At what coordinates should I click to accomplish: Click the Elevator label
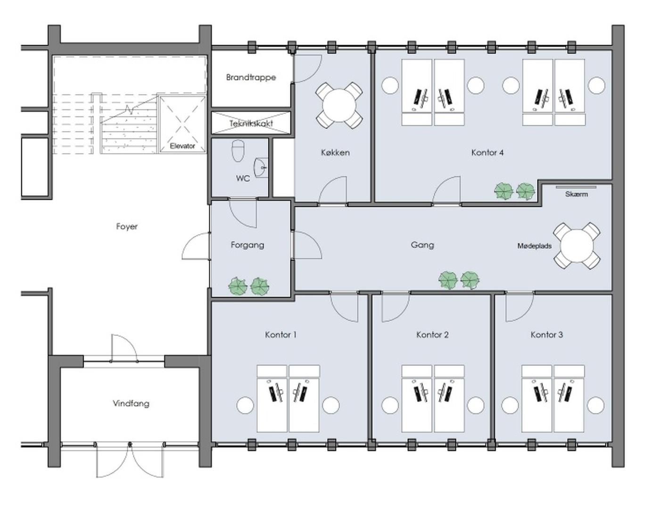(182, 146)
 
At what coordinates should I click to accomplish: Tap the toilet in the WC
(238, 151)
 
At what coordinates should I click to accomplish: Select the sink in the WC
(261, 167)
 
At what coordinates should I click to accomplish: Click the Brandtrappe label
(251, 77)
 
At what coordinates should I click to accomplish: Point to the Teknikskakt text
(251, 123)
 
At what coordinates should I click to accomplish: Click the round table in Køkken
(338, 105)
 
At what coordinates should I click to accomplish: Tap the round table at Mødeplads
(577, 246)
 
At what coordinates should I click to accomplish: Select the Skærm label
(576, 194)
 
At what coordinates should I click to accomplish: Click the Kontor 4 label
(487, 152)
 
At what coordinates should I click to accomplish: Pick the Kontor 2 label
(432, 335)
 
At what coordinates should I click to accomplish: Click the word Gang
(422, 244)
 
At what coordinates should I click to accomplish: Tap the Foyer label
(127, 227)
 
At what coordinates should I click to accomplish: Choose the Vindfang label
(131, 403)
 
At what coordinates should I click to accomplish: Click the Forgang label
(247, 244)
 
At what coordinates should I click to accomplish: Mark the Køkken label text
(335, 152)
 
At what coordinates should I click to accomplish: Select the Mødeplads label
(534, 246)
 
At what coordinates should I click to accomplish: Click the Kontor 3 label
(547, 335)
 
